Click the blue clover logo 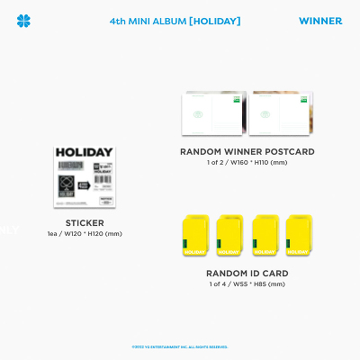23,21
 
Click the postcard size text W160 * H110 265,163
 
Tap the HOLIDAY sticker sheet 85,177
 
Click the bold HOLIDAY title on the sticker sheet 85,152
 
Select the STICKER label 85,222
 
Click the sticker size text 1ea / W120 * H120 85,233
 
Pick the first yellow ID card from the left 197,237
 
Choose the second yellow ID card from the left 230,237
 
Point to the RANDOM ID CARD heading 247,273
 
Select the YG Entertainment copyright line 180,346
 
